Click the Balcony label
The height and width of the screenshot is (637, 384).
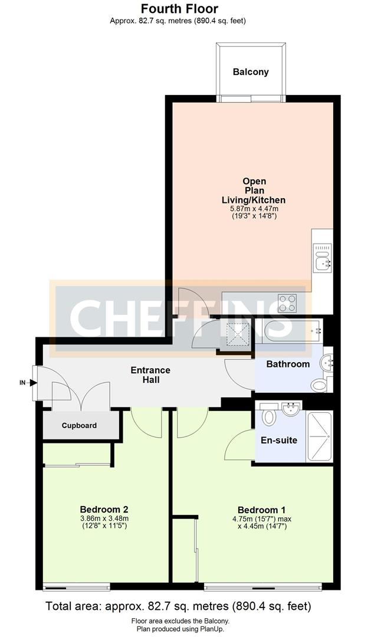click(x=251, y=72)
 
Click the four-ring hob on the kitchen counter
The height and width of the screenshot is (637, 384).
click(x=287, y=303)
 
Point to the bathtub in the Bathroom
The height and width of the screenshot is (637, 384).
click(x=288, y=331)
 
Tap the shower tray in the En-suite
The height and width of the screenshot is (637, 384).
click(x=319, y=436)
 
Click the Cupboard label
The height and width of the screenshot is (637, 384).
click(x=79, y=425)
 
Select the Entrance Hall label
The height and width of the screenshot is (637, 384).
click(x=150, y=375)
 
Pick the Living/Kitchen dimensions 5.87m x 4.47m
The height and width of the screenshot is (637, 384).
click(x=253, y=209)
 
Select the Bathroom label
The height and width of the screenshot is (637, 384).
click(x=288, y=364)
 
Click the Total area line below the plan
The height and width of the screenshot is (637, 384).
click(x=178, y=606)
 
